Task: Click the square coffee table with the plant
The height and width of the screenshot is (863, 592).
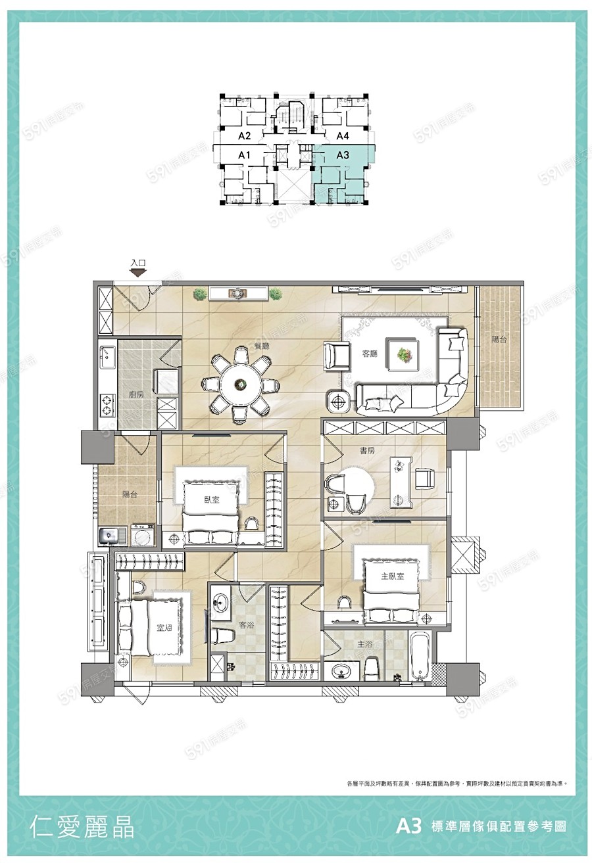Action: click(403, 354)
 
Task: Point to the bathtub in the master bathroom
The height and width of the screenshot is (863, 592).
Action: click(419, 658)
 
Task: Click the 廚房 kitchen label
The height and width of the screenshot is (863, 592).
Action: click(137, 394)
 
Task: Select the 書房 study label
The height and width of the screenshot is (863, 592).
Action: click(367, 451)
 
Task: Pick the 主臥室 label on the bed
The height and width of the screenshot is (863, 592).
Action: click(393, 576)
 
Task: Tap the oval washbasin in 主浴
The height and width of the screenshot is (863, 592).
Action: click(341, 670)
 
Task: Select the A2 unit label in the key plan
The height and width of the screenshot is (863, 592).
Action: click(245, 136)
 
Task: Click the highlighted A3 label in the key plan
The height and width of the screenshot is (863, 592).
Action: click(343, 156)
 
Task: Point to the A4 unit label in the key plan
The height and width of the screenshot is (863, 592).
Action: click(343, 136)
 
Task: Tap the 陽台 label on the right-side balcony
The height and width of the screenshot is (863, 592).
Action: click(500, 340)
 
